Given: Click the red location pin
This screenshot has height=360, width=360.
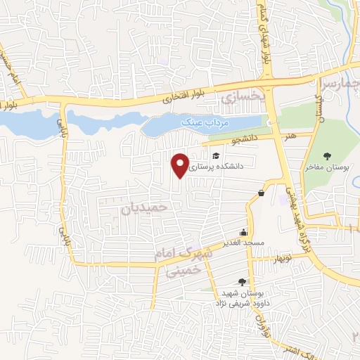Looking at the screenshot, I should (181, 165).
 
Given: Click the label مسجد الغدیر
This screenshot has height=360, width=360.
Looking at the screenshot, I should (243, 243).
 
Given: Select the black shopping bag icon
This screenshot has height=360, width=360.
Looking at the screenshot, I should (262, 193).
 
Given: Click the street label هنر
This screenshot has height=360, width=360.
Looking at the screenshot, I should (289, 133).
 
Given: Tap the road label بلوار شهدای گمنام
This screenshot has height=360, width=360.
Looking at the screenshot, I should (266, 32).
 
